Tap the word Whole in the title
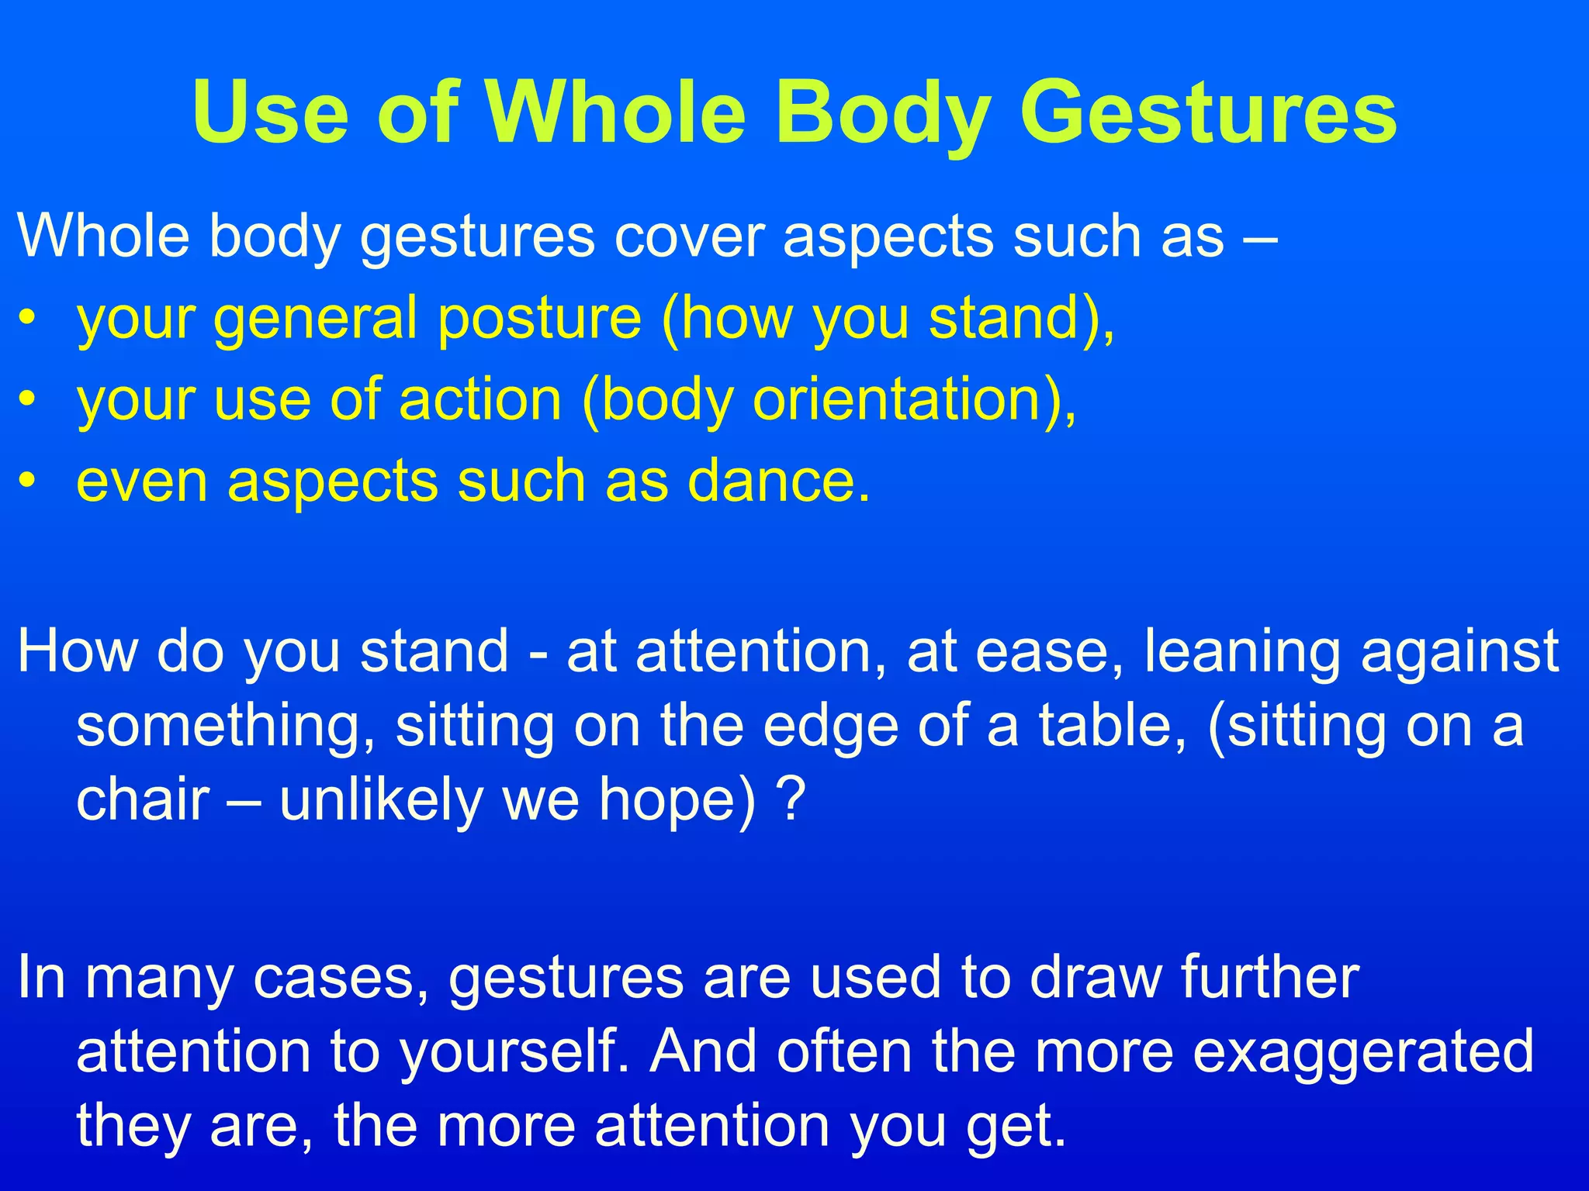pyautogui.click(x=617, y=114)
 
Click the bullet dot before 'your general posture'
pyautogui.click(x=28, y=319)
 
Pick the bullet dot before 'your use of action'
pyautogui.click(x=28, y=401)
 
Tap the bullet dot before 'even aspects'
pyautogui.click(x=28, y=482)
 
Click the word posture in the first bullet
pyautogui.click(x=539, y=319)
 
